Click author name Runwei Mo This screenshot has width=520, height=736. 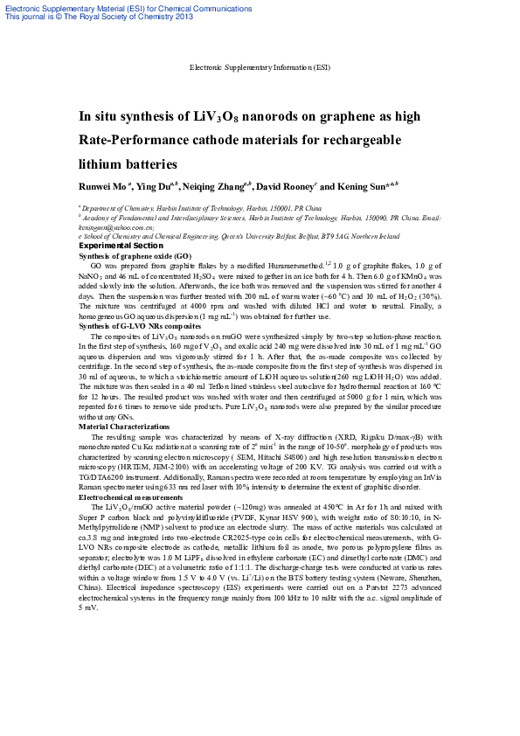(103, 186)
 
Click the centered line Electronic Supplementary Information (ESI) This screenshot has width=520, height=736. (260, 67)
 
